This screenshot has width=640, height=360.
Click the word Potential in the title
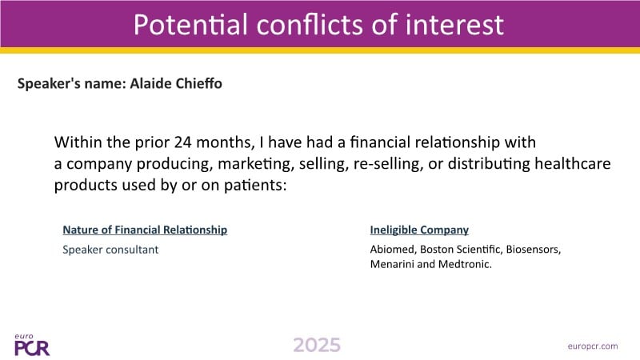pyautogui.click(x=190, y=24)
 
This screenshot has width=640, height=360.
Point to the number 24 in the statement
pyautogui.click(x=183, y=142)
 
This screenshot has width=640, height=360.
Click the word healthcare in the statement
pyautogui.click(x=573, y=164)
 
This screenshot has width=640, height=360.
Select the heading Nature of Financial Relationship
pyautogui.click(x=145, y=230)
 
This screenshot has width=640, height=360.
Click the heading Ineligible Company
pyautogui.click(x=419, y=230)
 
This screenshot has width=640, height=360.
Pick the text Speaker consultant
pyautogui.click(x=110, y=250)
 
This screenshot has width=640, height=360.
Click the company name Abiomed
pyautogui.click(x=393, y=250)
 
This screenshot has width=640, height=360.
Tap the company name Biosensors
pyautogui.click(x=534, y=250)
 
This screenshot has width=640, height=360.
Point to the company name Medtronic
pyautogui.click(x=465, y=264)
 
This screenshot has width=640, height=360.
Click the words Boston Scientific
pyautogui.click(x=462, y=250)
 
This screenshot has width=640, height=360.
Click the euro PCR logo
pyautogui.click(x=32, y=346)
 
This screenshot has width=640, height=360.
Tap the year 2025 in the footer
pyautogui.click(x=317, y=346)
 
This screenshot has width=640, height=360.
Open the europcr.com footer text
pyautogui.click(x=593, y=346)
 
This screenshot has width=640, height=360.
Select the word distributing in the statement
pyautogui.click(x=489, y=164)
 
